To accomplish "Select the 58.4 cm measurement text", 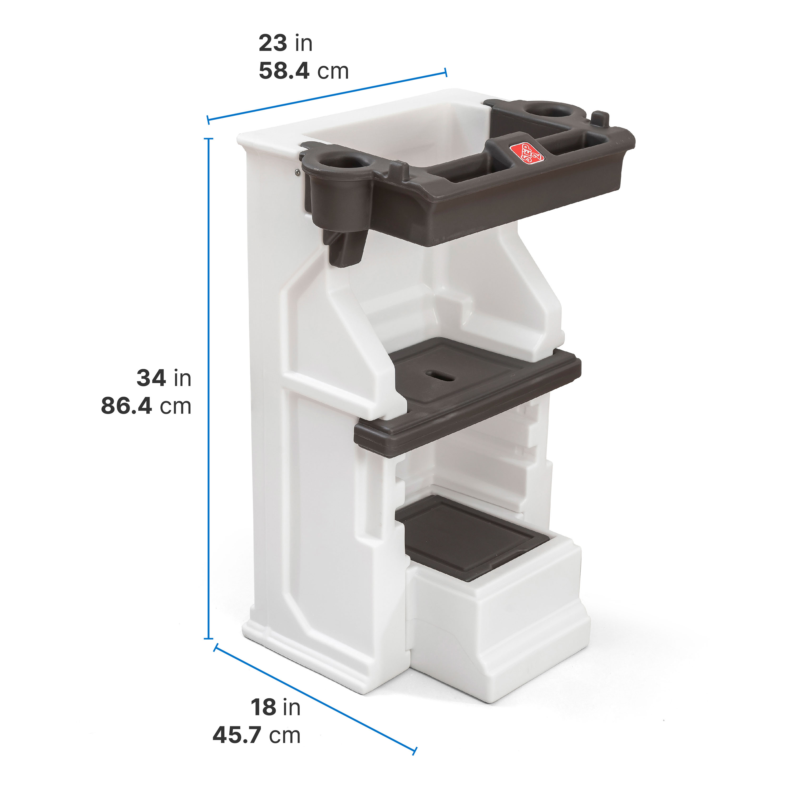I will click(x=303, y=71).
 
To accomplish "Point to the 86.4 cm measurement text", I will click(x=146, y=406).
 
